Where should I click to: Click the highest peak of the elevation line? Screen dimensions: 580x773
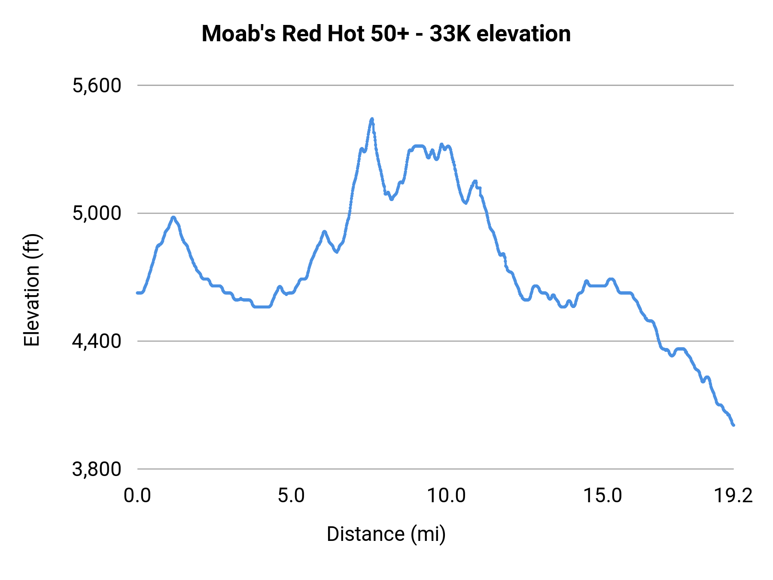[372, 119]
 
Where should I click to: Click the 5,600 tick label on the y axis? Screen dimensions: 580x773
[97, 85]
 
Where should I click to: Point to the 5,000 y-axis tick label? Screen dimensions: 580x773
[97, 213]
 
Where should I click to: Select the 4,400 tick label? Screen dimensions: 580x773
[97, 341]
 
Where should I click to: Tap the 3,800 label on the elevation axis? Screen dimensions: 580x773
[97, 469]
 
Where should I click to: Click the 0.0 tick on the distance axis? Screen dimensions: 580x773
[137, 496]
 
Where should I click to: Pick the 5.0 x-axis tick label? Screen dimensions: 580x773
[291, 496]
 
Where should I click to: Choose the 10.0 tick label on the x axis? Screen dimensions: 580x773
[446, 496]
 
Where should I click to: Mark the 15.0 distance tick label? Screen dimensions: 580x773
[602, 496]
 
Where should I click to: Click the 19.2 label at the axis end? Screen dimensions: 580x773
[733, 496]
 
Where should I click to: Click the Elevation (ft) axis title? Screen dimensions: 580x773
[32, 290]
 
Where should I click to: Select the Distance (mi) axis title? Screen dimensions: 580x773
[386, 534]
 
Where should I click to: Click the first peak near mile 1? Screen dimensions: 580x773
[173, 217]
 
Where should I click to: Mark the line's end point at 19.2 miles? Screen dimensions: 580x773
[733, 425]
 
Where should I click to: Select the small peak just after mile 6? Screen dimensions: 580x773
[325, 232]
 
